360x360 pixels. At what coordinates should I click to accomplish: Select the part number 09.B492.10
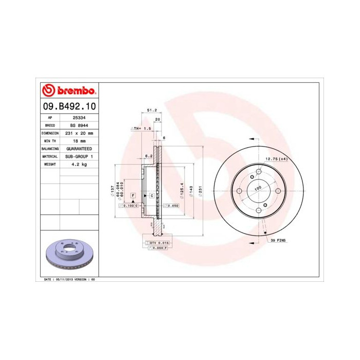pyautogui.click(x=67, y=106)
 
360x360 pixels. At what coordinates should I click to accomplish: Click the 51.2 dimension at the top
pyautogui.click(x=152, y=110)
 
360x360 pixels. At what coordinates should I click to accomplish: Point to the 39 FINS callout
pyautogui.click(x=278, y=240)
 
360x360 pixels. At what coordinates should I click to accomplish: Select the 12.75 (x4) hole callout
pyautogui.click(x=276, y=159)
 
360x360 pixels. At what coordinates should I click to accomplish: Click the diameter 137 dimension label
pyautogui.click(x=112, y=191)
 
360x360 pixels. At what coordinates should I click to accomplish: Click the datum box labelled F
pyautogui.click(x=133, y=196)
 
